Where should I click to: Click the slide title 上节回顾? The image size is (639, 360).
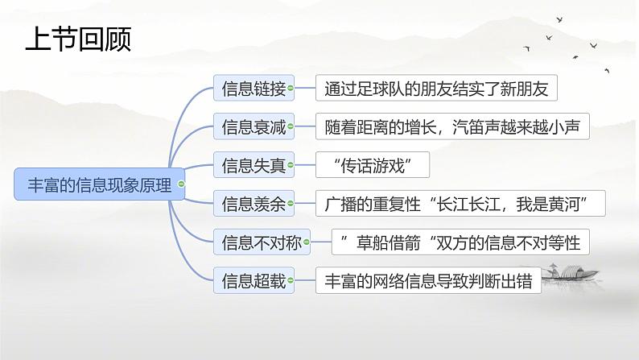[77, 39]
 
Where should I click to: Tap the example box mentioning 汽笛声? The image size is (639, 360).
[452, 126]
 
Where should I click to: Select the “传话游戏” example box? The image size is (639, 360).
[372, 166]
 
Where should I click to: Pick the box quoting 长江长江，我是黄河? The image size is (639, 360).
[460, 205]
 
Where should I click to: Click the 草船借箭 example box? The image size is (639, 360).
[460, 242]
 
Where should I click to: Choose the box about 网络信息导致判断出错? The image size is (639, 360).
[428, 281]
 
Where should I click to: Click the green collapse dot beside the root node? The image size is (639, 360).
[181, 185]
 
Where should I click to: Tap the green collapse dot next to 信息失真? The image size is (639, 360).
[291, 166]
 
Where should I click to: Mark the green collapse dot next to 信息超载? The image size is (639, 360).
[291, 281]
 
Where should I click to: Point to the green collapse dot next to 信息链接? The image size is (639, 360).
[291, 89]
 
